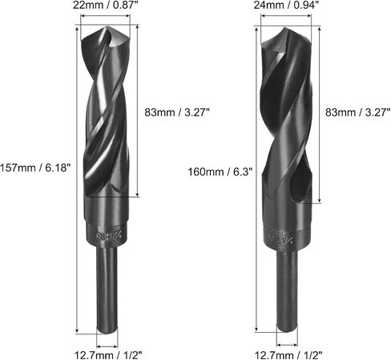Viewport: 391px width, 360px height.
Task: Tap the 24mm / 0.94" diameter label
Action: click(x=286, y=5)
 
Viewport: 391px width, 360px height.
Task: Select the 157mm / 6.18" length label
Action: click(x=35, y=168)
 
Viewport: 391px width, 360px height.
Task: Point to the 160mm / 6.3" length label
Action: click(x=220, y=172)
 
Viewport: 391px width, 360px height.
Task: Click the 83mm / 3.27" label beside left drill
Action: click(x=176, y=112)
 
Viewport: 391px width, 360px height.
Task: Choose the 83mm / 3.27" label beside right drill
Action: click(x=358, y=112)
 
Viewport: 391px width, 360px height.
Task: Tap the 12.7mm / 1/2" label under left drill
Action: click(x=108, y=355)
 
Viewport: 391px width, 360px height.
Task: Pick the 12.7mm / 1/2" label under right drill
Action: click(x=288, y=355)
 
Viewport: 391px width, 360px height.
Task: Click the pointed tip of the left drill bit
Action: click(x=107, y=26)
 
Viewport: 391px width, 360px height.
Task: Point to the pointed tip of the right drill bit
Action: click(x=285, y=27)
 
